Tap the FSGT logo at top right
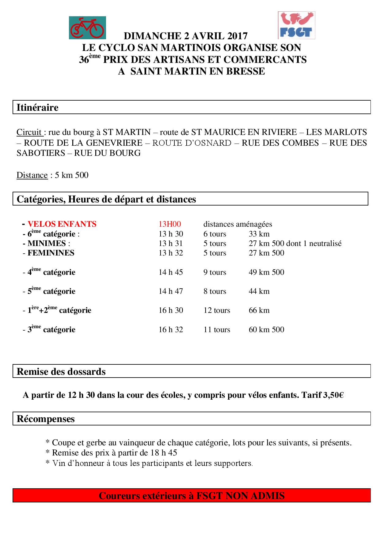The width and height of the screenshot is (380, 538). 296,25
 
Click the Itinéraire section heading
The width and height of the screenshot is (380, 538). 37,108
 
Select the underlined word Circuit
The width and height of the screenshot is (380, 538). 29,132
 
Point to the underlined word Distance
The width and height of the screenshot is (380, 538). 32,175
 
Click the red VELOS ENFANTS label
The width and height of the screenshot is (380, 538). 62,224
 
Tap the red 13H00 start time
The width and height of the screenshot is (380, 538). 170,224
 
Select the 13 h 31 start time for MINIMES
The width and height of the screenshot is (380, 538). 171,243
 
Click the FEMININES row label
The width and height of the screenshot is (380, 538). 51,253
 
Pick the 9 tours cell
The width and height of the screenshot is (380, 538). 215,272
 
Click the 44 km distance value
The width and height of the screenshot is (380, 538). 259,291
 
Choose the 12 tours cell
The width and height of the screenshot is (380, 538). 217,310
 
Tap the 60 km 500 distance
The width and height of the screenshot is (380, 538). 266,329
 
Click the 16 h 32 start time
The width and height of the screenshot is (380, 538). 171,329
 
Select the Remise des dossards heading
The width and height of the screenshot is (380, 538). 61,371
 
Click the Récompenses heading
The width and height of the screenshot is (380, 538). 46,419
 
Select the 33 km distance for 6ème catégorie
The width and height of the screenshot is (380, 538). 259,234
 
